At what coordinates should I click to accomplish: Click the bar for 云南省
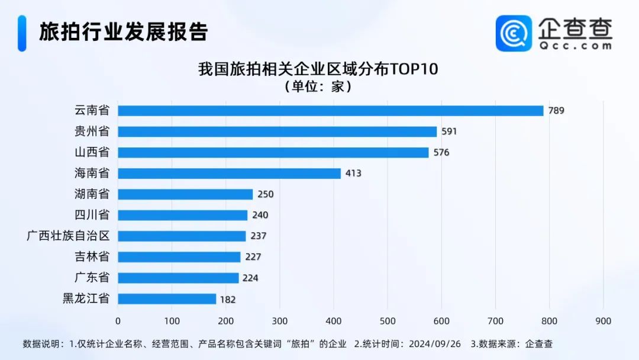pyautogui.click(x=330, y=111)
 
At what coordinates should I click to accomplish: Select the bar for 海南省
pyautogui.click(x=229, y=173)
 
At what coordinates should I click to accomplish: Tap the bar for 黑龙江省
pyautogui.click(x=167, y=299)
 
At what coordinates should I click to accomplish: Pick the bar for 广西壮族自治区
pyautogui.click(x=182, y=236)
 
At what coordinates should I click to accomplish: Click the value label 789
pyautogui.click(x=556, y=111)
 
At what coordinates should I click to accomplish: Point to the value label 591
pyautogui.click(x=449, y=131)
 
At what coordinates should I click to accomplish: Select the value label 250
pyautogui.click(x=266, y=194)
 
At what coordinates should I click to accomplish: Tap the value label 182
pyautogui.click(x=227, y=299)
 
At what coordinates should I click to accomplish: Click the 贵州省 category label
pyautogui.click(x=92, y=131)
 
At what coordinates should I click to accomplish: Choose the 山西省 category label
pyautogui.click(x=92, y=152)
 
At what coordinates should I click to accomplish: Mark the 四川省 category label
pyautogui.click(x=92, y=215)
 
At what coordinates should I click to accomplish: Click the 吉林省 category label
pyautogui.click(x=92, y=257)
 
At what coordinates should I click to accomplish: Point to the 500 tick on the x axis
pyautogui.click(x=388, y=321)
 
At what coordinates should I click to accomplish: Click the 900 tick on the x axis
pyautogui.click(x=603, y=321)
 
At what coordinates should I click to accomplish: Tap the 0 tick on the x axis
pyautogui.click(x=118, y=321)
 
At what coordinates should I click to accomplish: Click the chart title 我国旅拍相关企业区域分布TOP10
pyautogui.click(x=318, y=69)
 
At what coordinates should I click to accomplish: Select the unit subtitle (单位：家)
pyautogui.click(x=318, y=87)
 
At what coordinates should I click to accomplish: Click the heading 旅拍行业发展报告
pyautogui.click(x=124, y=32)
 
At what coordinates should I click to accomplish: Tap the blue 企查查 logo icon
pyautogui.click(x=514, y=33)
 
